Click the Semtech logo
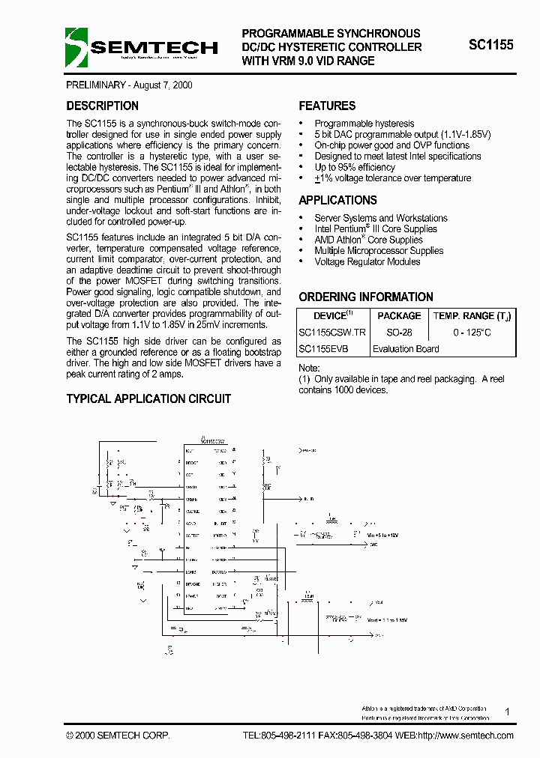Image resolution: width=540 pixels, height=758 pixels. [142, 47]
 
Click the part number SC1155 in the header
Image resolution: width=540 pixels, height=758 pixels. [490, 45]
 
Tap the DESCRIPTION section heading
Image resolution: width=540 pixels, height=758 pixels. [102, 106]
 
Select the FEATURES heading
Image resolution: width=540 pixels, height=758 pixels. [327, 106]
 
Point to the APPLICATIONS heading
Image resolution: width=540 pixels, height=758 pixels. [337, 201]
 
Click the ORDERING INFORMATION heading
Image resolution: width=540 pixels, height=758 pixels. [366, 297]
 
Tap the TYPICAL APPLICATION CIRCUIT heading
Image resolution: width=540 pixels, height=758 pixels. [148, 399]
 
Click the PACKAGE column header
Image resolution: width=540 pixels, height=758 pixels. [399, 316]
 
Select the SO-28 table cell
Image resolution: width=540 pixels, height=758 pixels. [399, 333]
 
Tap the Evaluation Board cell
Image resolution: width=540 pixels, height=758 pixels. [406, 349]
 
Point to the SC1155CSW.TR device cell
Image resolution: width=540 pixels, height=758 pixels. [332, 333]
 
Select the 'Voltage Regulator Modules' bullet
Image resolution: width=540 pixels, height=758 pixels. [367, 262]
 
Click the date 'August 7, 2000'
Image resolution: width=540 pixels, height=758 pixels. [161, 85]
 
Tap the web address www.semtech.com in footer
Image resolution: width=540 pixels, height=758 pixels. [476, 736]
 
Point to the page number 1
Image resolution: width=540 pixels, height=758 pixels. [508, 712]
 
